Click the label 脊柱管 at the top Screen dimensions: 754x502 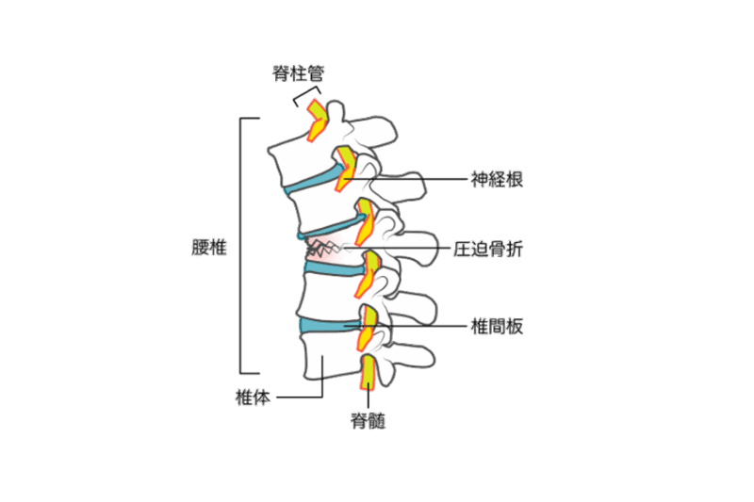click(298, 73)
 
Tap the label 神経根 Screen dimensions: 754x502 click(497, 179)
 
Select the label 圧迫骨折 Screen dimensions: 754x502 click(488, 250)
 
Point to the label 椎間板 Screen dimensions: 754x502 click(497, 327)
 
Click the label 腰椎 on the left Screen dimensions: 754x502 click(208, 248)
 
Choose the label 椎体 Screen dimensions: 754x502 click(253, 397)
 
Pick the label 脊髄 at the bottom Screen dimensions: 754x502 click(368, 421)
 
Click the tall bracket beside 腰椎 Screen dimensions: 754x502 click(240, 246)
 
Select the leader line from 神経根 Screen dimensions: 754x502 click(406, 179)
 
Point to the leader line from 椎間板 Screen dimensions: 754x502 click(406, 326)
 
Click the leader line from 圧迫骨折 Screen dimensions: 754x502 click(397, 249)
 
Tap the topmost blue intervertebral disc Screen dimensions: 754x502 click(315, 180)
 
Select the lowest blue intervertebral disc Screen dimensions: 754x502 click(329, 325)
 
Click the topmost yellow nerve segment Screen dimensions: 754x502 click(317, 121)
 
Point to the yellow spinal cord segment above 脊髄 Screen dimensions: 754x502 click(368, 371)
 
